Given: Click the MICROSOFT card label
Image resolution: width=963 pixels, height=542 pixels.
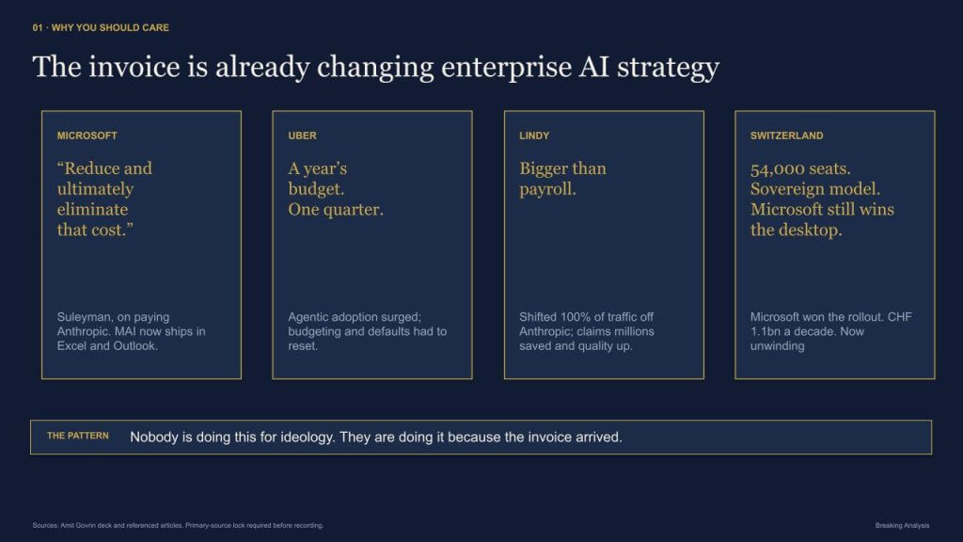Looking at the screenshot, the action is (87, 135).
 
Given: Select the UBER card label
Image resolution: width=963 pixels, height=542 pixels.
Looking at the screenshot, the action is (302, 135).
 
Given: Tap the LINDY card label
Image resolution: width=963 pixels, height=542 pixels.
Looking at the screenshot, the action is (534, 135).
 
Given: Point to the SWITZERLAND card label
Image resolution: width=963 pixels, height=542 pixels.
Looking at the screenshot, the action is (787, 135).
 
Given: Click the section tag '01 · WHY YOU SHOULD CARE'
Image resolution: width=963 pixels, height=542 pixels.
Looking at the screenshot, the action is (101, 27).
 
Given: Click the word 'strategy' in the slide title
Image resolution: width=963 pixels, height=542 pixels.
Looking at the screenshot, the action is (669, 68).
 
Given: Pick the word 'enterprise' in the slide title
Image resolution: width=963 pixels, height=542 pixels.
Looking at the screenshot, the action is (506, 68).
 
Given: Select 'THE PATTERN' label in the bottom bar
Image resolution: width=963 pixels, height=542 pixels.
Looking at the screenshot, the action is (78, 436).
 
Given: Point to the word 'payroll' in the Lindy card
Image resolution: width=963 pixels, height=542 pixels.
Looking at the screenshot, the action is (545, 189).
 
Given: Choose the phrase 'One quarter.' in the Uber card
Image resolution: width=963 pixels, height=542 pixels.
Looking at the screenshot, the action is (336, 210).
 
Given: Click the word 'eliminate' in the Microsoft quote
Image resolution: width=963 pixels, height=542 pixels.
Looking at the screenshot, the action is (93, 210).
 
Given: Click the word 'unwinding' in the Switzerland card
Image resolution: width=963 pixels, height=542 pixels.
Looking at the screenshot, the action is (778, 346).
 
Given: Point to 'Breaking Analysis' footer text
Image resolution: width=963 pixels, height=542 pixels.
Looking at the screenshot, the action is (902, 525).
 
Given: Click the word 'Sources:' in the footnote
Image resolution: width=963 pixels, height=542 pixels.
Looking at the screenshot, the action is (45, 525).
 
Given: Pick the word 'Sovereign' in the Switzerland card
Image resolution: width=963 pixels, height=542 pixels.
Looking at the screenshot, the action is (783, 189).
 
